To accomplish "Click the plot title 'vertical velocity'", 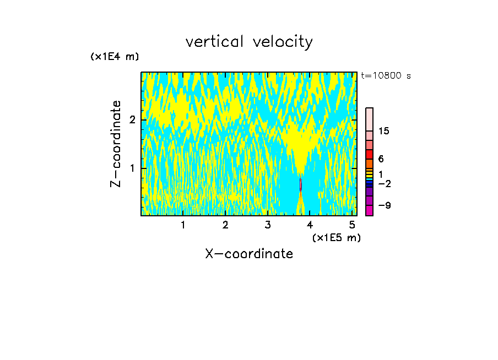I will [x=249, y=42].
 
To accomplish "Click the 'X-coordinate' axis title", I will [x=249, y=254].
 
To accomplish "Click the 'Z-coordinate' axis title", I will [x=116, y=144].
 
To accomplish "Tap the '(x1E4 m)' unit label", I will [x=115, y=57].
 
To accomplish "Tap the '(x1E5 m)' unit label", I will [x=336, y=237].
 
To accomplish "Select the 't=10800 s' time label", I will [x=386, y=76].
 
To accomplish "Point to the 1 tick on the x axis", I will [x=183, y=225].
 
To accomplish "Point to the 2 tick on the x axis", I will [x=225, y=225].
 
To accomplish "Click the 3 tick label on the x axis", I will [x=268, y=225].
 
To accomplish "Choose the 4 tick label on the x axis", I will [x=310, y=225].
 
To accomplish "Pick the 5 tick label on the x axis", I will [x=352, y=225].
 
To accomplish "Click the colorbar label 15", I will [x=384, y=131].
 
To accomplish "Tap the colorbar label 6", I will [x=381, y=159].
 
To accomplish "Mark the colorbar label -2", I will [x=384, y=183].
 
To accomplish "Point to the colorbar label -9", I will [x=384, y=205].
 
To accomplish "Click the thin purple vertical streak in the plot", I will [x=300, y=184].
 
